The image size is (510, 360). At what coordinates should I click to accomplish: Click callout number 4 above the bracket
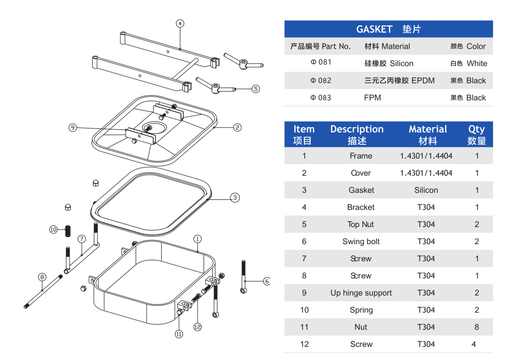coord(180,23)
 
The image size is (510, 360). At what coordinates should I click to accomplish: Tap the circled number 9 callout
coord(73,128)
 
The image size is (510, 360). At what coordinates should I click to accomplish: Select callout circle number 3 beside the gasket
coord(235,197)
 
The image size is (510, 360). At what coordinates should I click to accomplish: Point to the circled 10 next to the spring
coord(53,230)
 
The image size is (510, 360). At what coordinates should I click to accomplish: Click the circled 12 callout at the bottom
coord(198,327)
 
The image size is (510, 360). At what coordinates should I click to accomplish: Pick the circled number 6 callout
coord(267,281)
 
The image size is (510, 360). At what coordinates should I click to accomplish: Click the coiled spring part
coord(68,231)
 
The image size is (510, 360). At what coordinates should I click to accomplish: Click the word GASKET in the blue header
coord(374,29)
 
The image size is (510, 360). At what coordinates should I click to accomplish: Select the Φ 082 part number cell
coord(321,81)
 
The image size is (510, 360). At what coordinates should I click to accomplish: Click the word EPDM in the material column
coord(423,81)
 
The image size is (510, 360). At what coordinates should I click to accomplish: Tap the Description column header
coord(357,129)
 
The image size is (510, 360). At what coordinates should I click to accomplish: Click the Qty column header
coord(477,129)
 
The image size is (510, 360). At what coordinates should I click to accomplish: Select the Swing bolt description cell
coord(361,241)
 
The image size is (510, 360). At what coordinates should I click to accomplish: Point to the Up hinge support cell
coord(361,293)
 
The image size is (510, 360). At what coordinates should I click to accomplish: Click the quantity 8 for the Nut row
coord(477,327)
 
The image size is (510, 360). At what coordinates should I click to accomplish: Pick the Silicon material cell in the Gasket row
coord(426,190)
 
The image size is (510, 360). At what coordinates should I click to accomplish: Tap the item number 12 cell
coord(304,344)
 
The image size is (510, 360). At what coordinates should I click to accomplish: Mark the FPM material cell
coord(372,98)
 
